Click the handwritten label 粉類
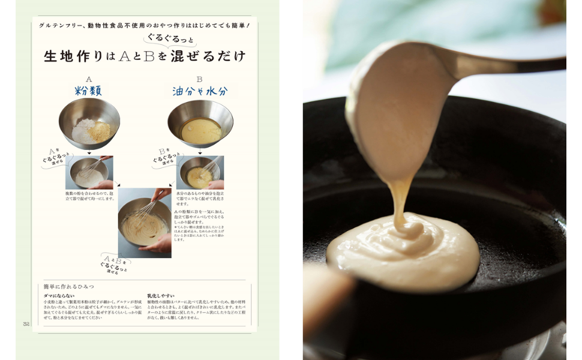[88, 91]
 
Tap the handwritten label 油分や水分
[200, 91]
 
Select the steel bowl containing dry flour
[89, 124]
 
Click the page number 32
[26, 324]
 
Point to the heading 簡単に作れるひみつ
[68, 287]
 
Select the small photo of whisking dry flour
[89, 172]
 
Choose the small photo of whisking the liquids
[200, 173]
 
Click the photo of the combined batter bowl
[145, 223]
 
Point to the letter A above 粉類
[89, 79]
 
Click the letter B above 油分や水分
[199, 79]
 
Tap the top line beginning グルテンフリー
[144, 26]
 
